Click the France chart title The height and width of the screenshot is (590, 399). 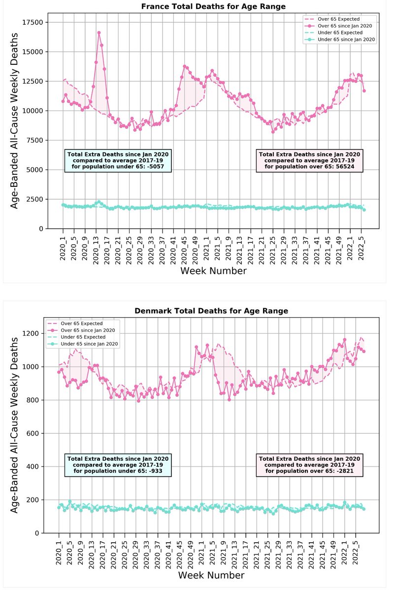(x=213, y=6)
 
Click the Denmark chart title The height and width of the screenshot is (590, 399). (x=211, y=311)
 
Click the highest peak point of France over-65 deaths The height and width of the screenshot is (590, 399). (x=99, y=32)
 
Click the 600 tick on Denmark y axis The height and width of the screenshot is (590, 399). (x=37, y=433)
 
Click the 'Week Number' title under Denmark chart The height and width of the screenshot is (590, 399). (x=211, y=574)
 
